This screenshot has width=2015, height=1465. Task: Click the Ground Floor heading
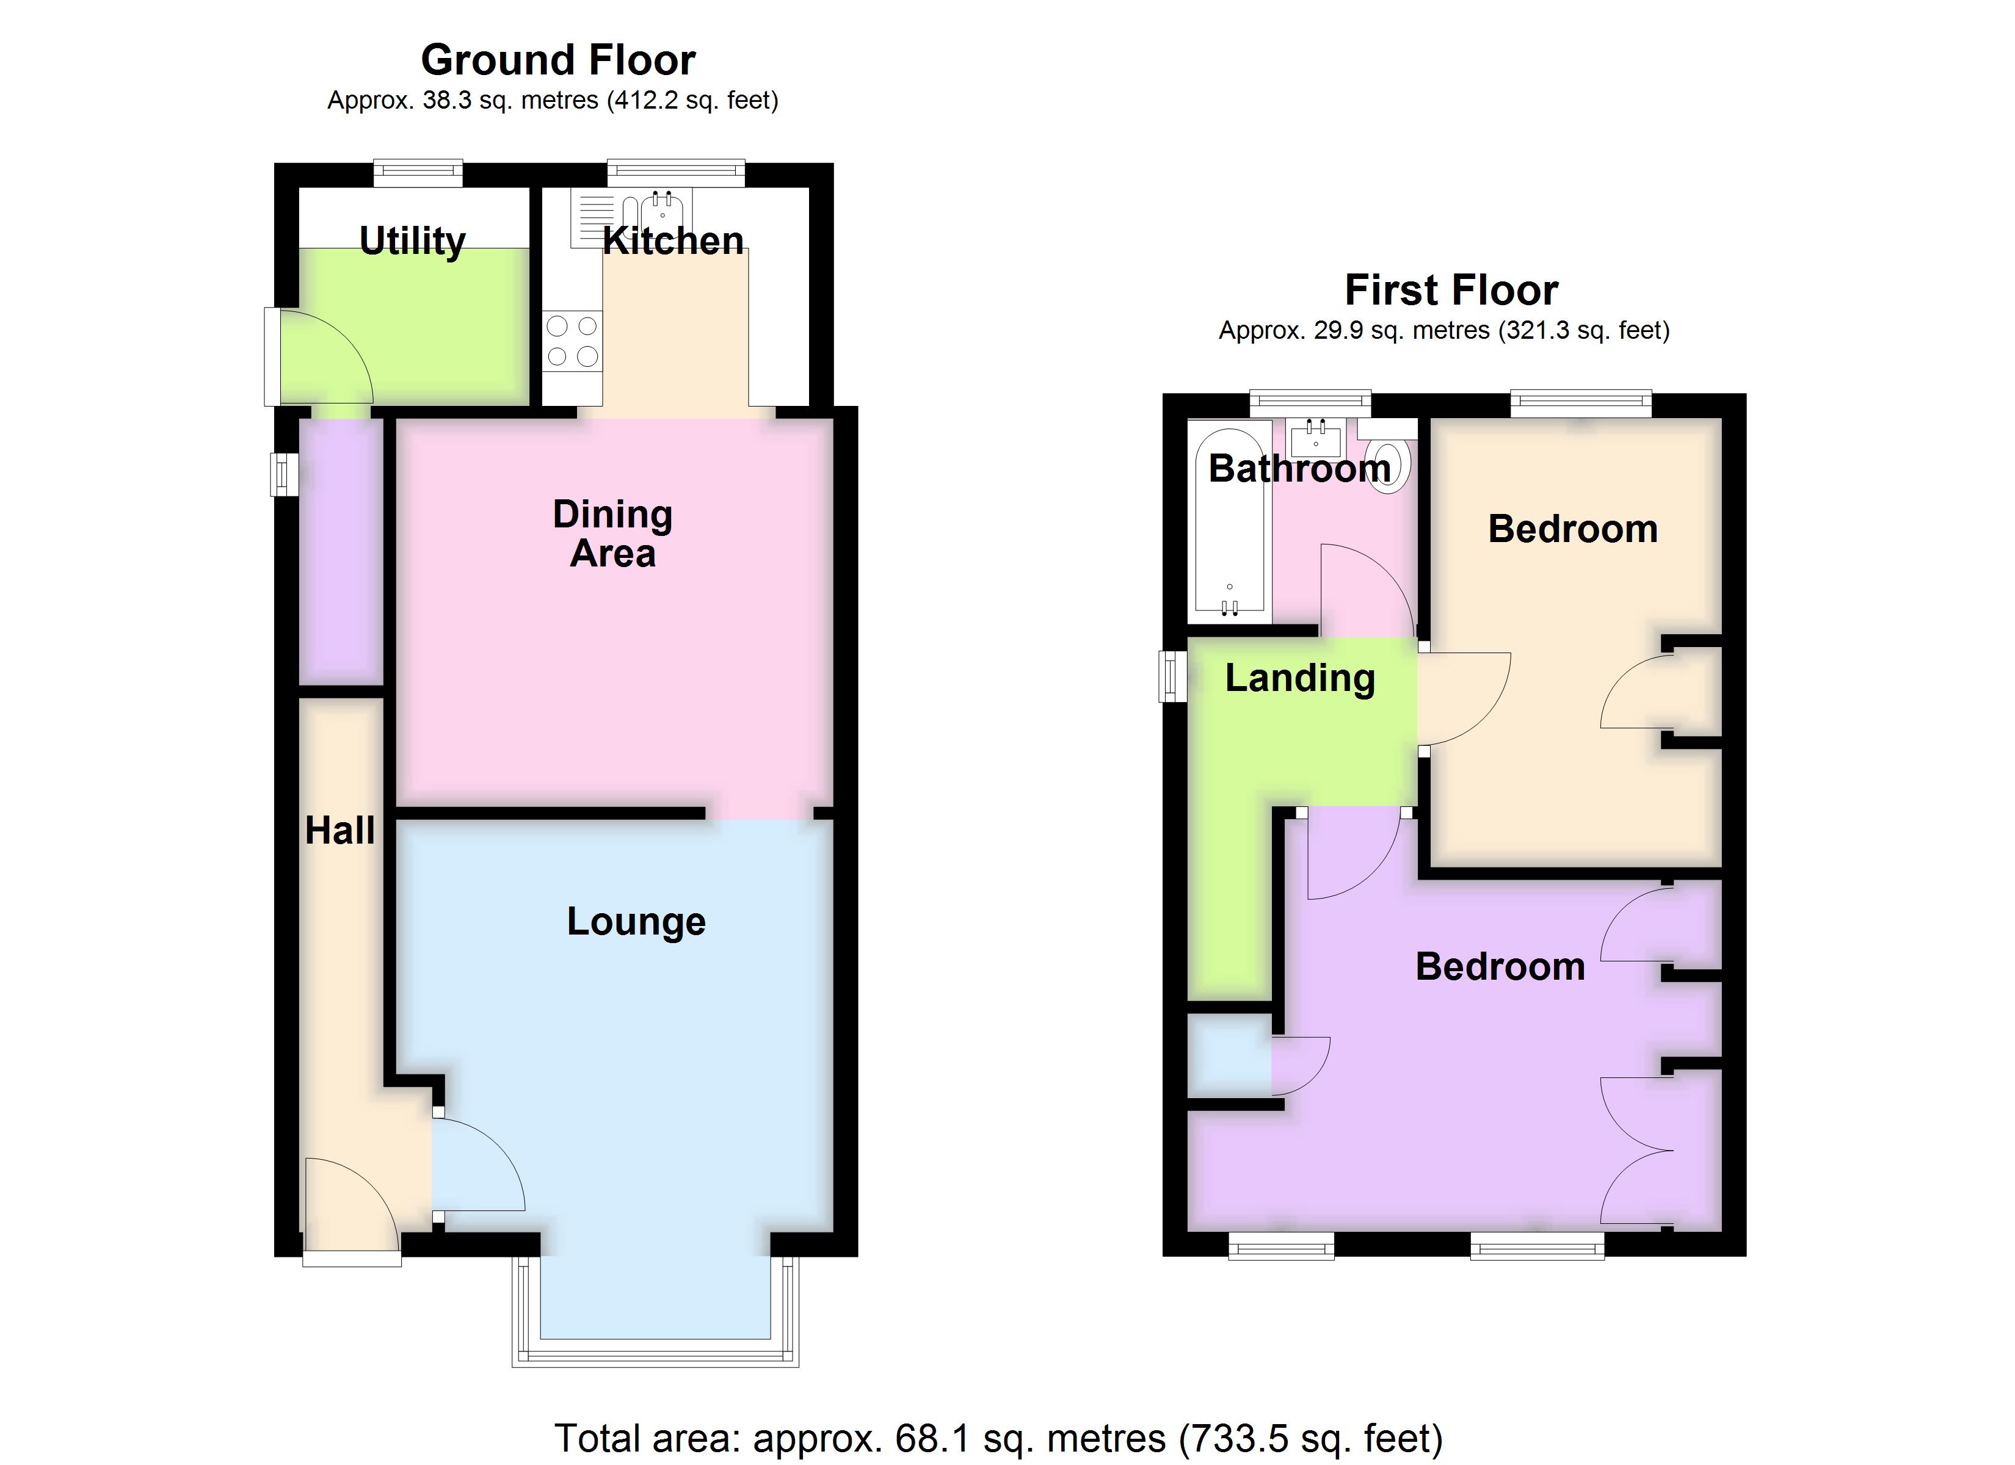pos(558,60)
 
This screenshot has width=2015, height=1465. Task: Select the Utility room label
pos(412,241)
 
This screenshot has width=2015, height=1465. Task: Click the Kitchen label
pos(673,241)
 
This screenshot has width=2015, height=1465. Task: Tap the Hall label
pos(339,831)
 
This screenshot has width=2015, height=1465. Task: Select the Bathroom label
pos(1299,468)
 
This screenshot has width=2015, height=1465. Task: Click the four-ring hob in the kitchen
pos(572,341)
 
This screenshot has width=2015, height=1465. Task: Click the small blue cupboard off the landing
pos(1230,1058)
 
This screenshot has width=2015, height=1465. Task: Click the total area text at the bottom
pos(998,1438)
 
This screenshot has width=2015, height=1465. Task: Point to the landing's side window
pos(1173,676)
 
